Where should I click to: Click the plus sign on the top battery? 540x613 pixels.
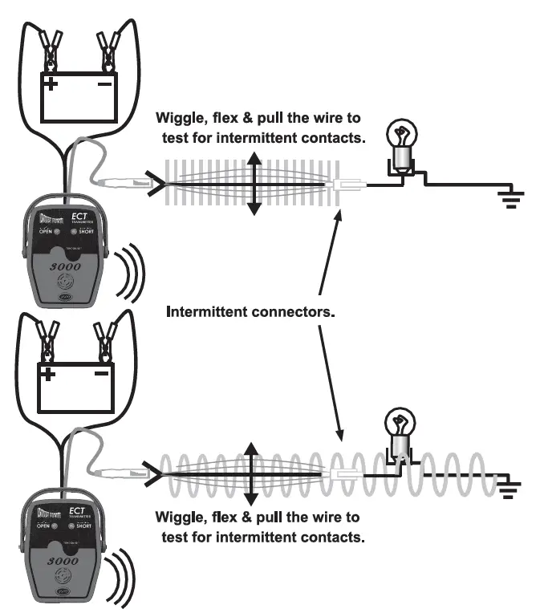pyautogui.click(x=51, y=83)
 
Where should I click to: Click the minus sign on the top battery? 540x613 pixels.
pyautogui.click(x=105, y=82)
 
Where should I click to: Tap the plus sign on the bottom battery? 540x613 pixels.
pyautogui.click(x=50, y=373)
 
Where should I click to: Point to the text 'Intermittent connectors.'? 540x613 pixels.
pyautogui.click(x=250, y=311)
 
